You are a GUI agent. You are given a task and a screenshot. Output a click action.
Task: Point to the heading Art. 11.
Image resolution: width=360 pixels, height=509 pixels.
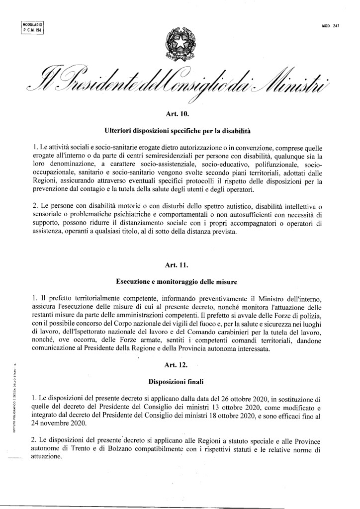click(x=180, y=265)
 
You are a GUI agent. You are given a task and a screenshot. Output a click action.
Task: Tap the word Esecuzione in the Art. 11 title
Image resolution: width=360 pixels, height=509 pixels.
click(x=133, y=281)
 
